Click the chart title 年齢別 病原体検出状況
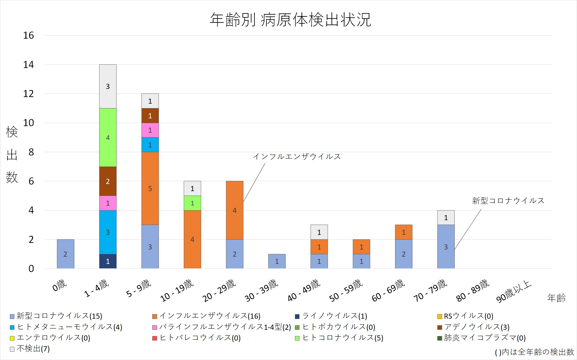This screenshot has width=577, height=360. pos(290,20)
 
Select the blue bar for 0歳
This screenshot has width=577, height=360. pos(65,254)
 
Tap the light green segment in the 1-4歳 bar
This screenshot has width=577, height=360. pos(108,137)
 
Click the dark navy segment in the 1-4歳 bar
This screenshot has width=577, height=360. pos(108,261)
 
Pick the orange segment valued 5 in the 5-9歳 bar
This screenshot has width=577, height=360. pos(150,188)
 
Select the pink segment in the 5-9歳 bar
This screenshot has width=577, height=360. pos(150,130)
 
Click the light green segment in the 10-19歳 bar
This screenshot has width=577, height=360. pos(192,203)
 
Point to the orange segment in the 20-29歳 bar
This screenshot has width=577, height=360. pos(234,210)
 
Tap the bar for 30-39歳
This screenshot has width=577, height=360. pos(277,261)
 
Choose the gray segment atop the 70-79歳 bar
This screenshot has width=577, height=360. pos(446,217)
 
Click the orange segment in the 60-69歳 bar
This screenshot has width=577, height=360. pos(403,232)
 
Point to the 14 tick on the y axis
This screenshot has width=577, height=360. pos(28,64)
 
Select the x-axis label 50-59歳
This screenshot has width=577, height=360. pos(346,290)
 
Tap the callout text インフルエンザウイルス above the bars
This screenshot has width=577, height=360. pos(297,157)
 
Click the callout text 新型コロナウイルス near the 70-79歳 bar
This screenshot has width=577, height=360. pos(508,201)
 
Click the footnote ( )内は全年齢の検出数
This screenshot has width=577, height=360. pos(534,352)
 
